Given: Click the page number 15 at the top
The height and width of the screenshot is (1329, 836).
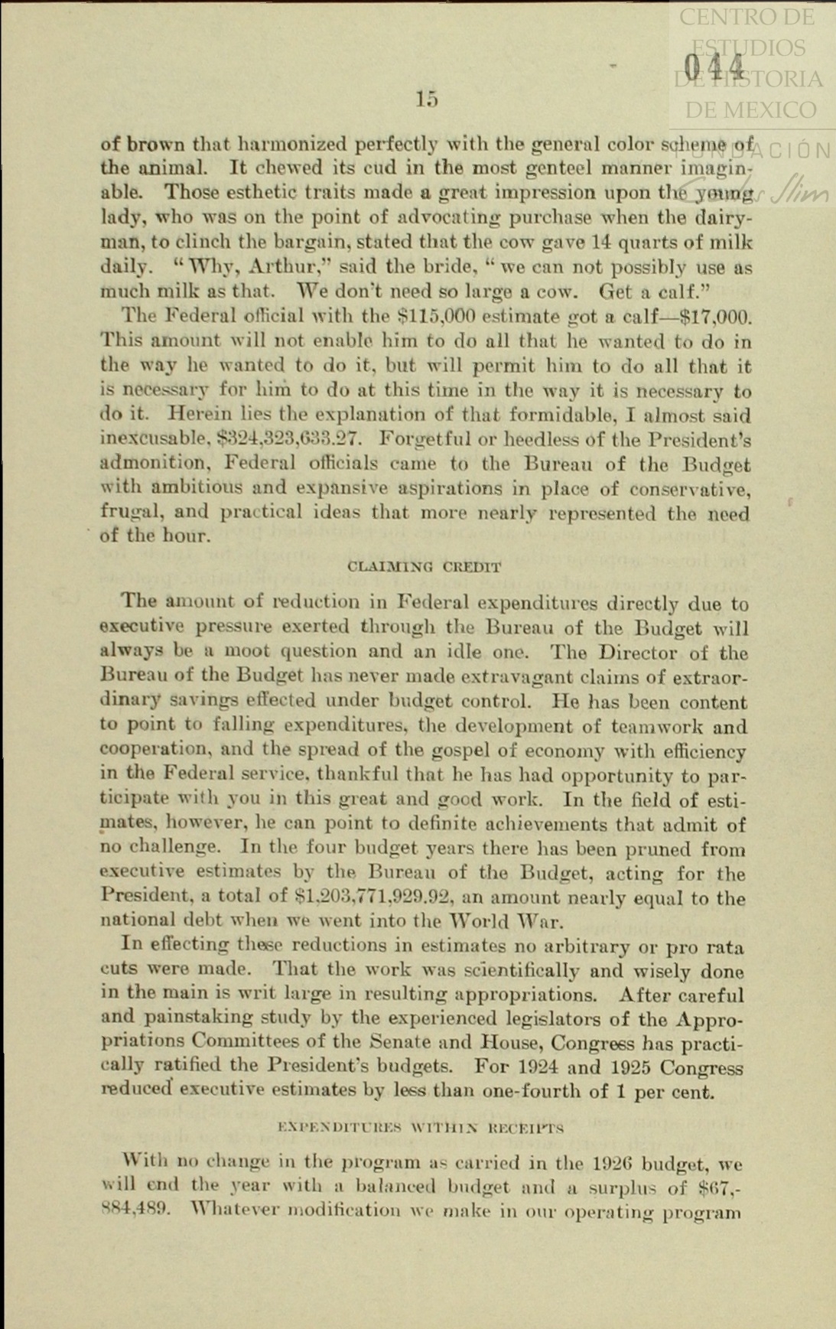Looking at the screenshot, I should click(428, 99).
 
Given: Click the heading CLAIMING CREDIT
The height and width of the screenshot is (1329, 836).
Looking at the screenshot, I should click(425, 567).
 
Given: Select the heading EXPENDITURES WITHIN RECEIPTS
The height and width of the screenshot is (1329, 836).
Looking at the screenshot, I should click(421, 1127).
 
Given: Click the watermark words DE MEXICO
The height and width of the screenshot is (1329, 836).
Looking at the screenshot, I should click(750, 110).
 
